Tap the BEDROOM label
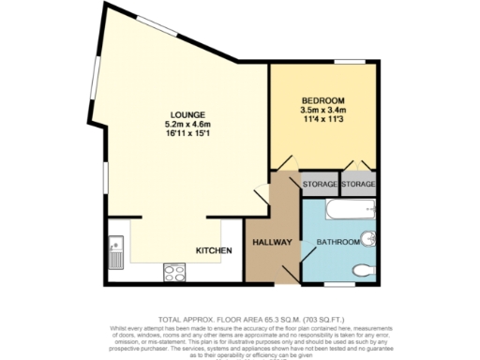pyautogui.click(x=322, y=100)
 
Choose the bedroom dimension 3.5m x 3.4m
pyautogui.click(x=322, y=111)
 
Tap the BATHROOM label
pyautogui.click(x=337, y=243)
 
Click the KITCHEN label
pyautogui.click(x=213, y=251)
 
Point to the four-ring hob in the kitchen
pyautogui.click(x=174, y=273)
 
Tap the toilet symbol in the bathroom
pyautogui.click(x=364, y=272)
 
